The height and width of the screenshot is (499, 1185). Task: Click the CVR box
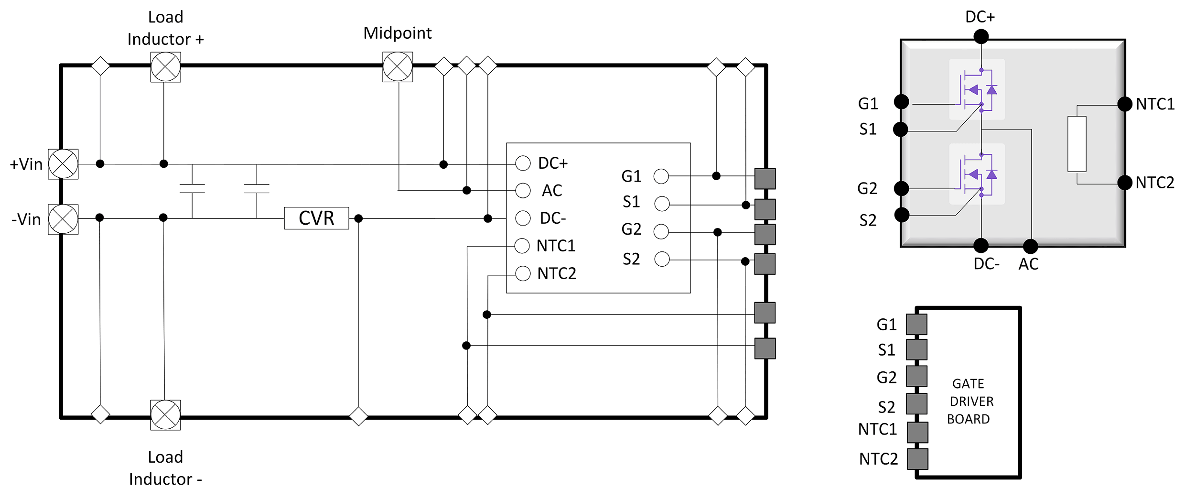(316, 218)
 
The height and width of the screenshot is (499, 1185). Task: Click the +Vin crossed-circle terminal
(63, 164)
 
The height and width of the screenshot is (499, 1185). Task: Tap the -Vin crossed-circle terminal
(63, 219)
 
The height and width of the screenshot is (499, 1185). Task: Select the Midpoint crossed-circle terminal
(398, 67)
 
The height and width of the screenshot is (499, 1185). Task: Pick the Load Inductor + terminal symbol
(165, 67)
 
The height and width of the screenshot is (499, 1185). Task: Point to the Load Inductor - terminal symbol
(165, 415)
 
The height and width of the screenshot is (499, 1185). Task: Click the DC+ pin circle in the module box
(523, 163)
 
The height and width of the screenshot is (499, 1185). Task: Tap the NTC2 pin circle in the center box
(523, 273)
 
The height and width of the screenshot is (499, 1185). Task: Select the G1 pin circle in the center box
(661, 176)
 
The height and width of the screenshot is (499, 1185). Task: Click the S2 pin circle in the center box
(662, 259)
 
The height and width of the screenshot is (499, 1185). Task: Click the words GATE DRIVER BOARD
(970, 401)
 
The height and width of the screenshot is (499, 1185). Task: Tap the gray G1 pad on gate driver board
(916, 324)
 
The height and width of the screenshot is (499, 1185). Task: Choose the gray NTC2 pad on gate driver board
(917, 459)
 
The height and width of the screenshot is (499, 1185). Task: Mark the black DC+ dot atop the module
(981, 36)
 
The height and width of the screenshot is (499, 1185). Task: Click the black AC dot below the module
(1030, 247)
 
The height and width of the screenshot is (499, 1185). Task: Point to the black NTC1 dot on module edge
(1125, 104)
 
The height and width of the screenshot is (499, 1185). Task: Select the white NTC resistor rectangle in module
(1077, 143)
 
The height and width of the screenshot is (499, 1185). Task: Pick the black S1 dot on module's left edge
(901, 129)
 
